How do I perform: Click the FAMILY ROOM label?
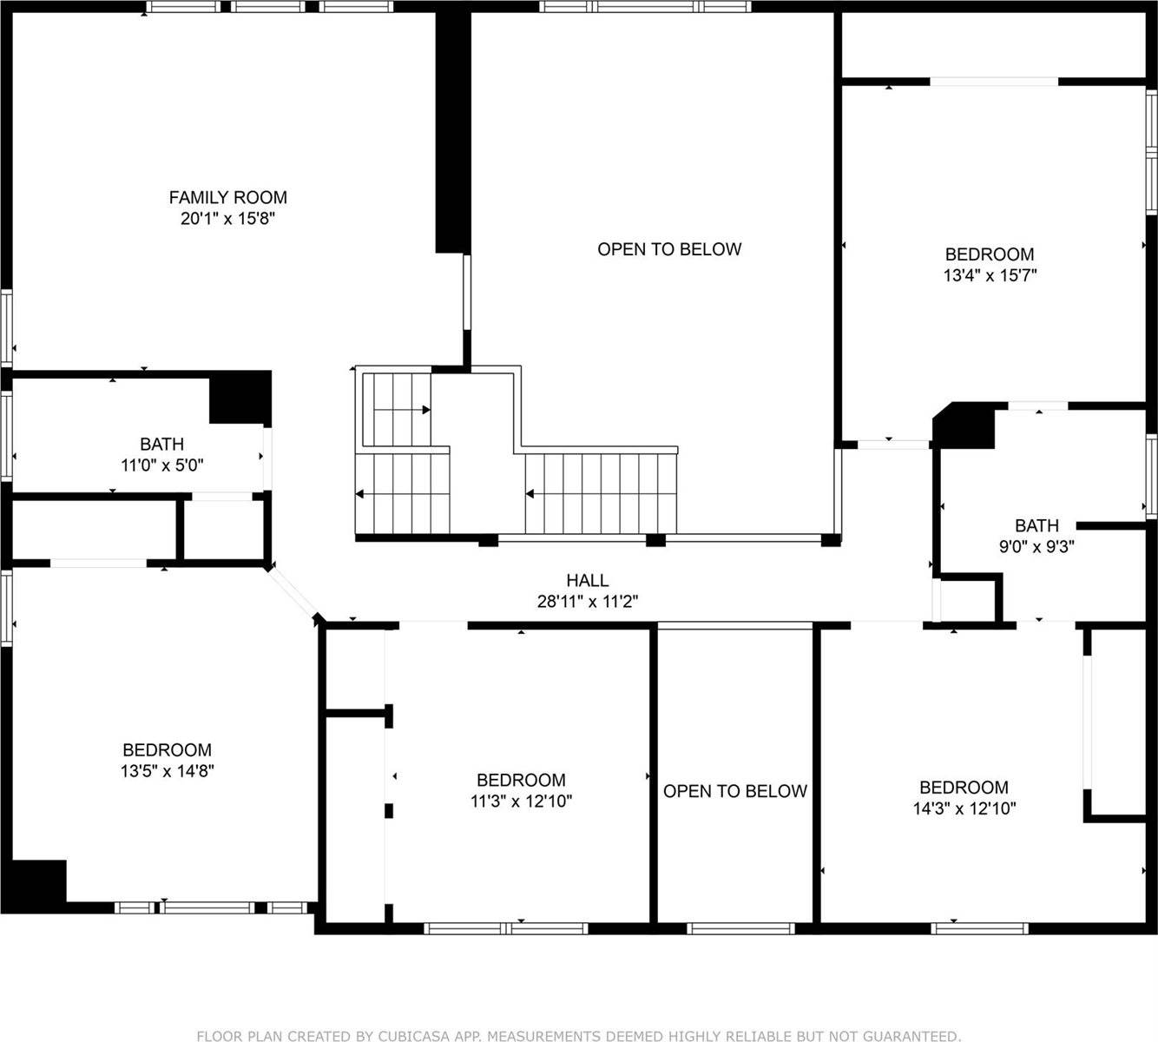227,198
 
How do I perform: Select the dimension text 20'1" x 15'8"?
227,219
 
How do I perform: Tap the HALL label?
588,580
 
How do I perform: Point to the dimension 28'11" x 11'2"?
588,601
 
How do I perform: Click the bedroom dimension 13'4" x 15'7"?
990,275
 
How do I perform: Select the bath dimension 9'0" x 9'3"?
1036,547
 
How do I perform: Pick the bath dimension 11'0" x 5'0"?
161,465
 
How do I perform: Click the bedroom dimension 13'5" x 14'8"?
167,771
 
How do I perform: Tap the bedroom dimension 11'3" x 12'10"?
521,801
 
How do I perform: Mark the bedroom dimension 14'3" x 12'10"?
964,808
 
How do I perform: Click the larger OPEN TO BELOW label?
669,249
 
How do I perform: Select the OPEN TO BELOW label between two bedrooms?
735,791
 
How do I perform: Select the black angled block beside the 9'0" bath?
964,425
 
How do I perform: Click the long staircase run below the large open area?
601,493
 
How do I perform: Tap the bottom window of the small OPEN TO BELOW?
740,928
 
